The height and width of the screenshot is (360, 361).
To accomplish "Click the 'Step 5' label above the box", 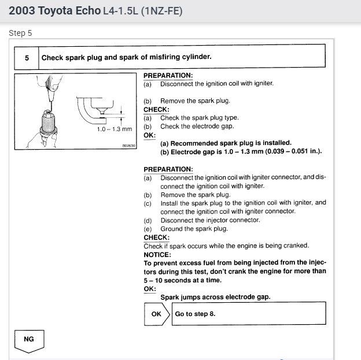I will click(x=21, y=33).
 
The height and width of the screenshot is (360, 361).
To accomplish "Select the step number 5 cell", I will click(x=27, y=57).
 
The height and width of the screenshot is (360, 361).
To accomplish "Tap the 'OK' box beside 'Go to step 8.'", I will click(x=156, y=314).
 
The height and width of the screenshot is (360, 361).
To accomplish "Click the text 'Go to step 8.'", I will click(x=195, y=314).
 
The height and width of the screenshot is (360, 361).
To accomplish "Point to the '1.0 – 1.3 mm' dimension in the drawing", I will click(x=114, y=129).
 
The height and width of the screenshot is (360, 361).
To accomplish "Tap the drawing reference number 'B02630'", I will click(x=128, y=146).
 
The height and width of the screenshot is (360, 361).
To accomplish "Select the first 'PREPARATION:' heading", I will click(x=168, y=76).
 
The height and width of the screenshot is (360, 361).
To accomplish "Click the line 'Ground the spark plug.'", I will click(x=193, y=229).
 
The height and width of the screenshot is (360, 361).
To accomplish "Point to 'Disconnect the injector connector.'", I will click(x=210, y=220).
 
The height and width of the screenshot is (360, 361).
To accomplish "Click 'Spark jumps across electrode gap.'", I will click(x=215, y=297).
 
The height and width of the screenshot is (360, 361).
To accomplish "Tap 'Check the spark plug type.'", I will click(x=199, y=118).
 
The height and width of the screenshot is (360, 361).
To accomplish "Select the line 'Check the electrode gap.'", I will click(x=196, y=127).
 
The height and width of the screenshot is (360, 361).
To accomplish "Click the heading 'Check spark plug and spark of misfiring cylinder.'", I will click(x=126, y=57).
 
